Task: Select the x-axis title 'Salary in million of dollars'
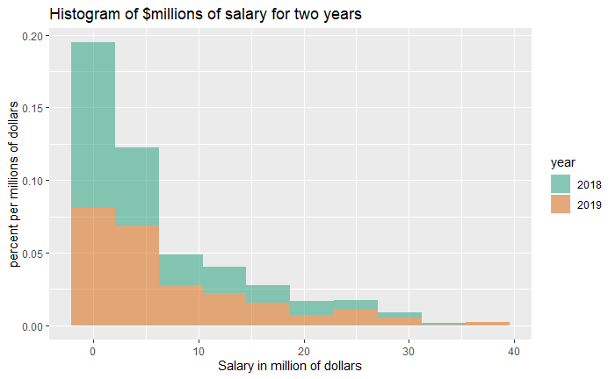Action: pos(290,366)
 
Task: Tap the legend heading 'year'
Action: pos(563,163)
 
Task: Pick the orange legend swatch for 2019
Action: pos(561,204)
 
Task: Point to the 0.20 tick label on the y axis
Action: pos(30,36)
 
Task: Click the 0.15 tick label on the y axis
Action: pos(30,109)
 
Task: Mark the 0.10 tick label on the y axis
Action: pos(30,182)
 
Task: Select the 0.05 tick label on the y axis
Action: pos(30,254)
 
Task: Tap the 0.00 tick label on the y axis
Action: pos(30,326)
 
